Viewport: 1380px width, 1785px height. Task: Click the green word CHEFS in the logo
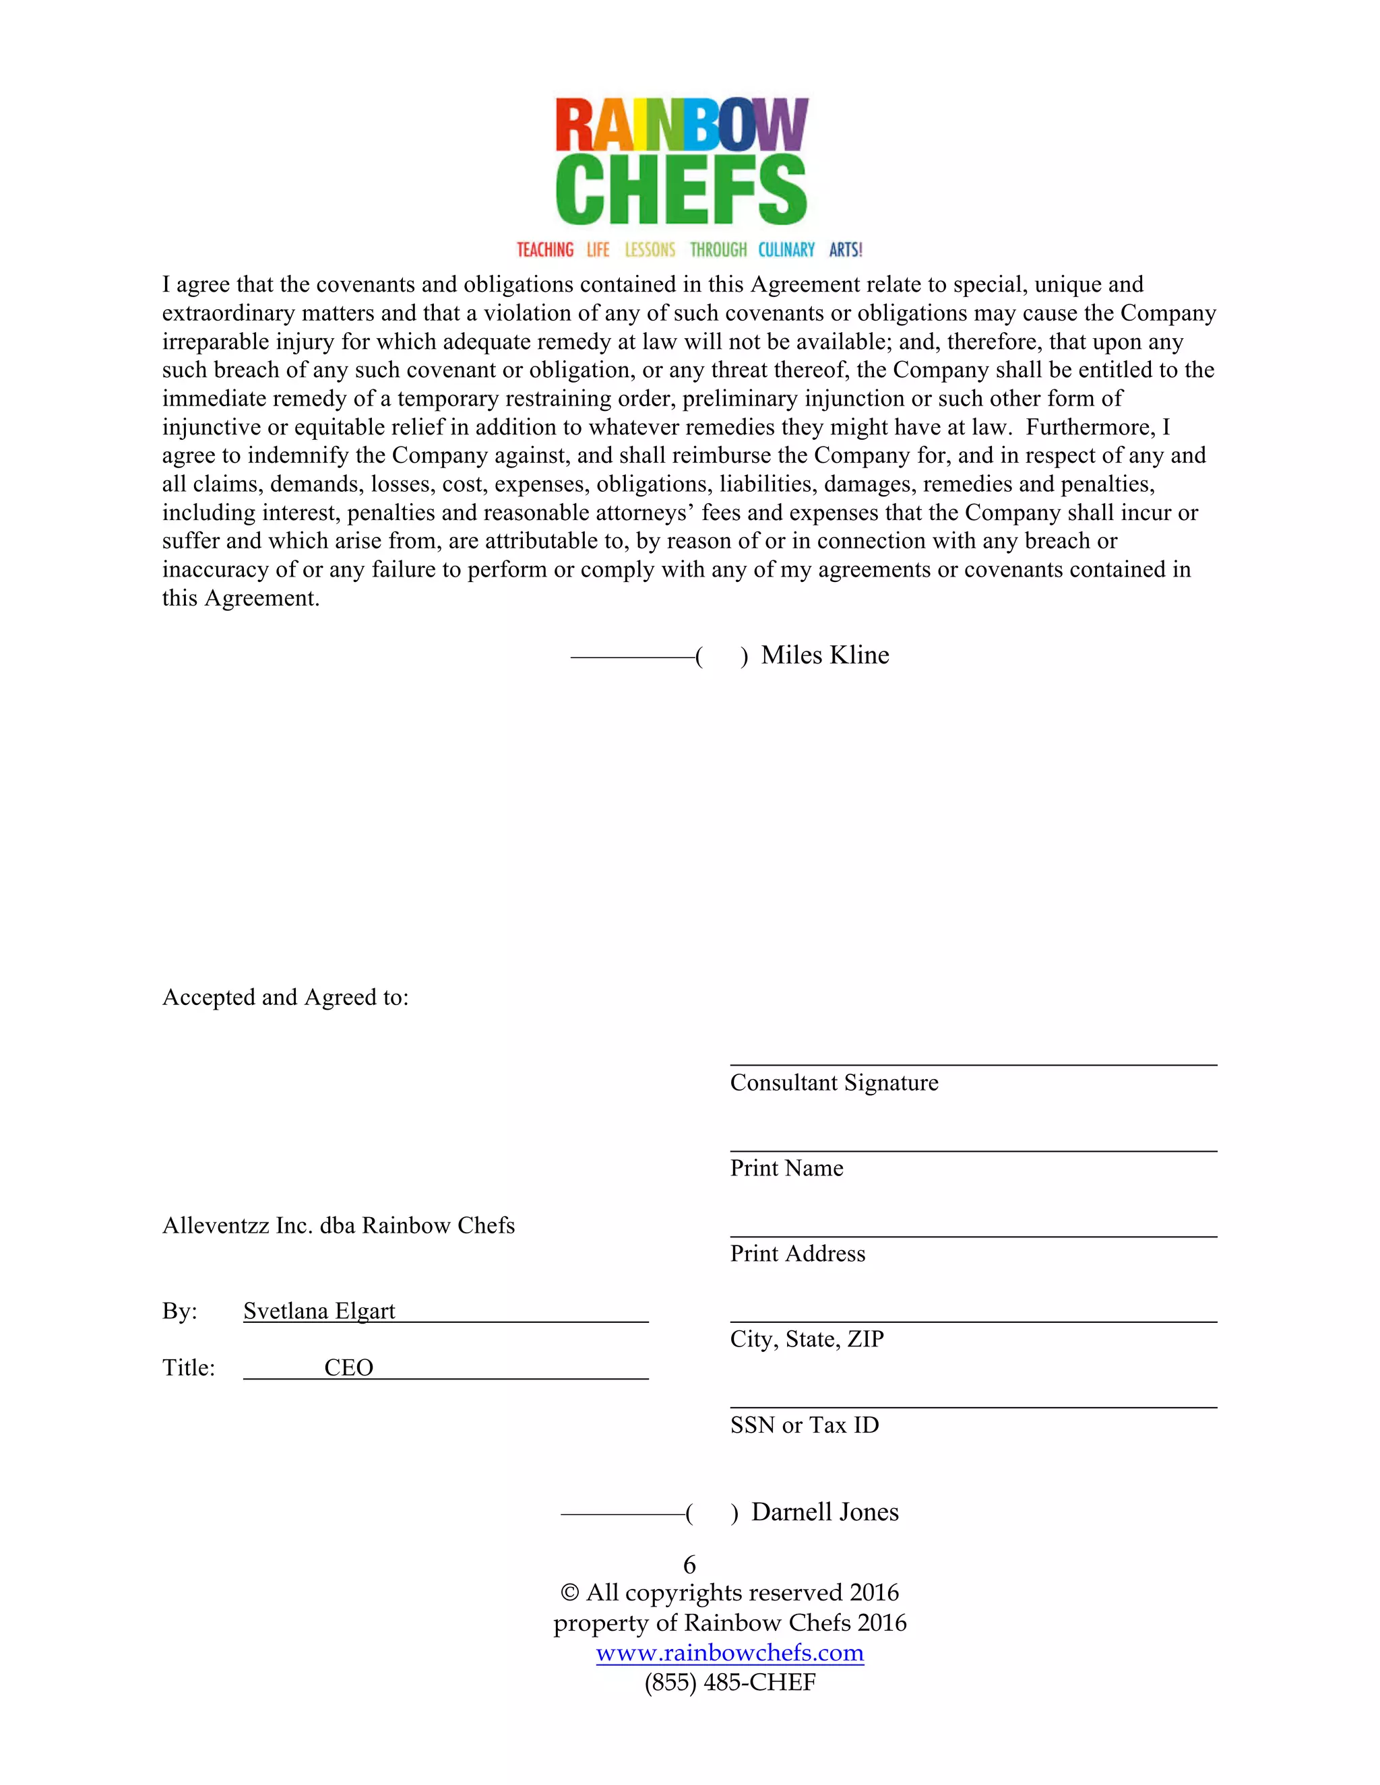[x=681, y=190]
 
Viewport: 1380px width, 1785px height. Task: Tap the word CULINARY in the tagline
[x=786, y=249]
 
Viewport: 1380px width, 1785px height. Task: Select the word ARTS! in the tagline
[x=846, y=249]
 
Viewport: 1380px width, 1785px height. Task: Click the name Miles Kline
[x=824, y=655]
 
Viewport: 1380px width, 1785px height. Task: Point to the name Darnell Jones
[x=824, y=1513]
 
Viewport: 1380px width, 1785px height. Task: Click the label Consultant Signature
[x=834, y=1083]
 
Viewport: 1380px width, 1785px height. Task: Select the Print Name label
[x=786, y=1169]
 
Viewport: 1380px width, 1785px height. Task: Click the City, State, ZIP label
[x=807, y=1340]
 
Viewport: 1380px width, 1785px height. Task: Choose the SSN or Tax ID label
[x=805, y=1425]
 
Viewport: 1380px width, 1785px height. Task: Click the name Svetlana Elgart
[x=319, y=1311]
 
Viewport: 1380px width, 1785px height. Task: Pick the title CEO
[x=348, y=1368]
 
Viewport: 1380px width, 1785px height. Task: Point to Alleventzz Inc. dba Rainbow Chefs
[x=338, y=1226]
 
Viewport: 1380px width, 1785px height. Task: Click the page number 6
[x=689, y=1565]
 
